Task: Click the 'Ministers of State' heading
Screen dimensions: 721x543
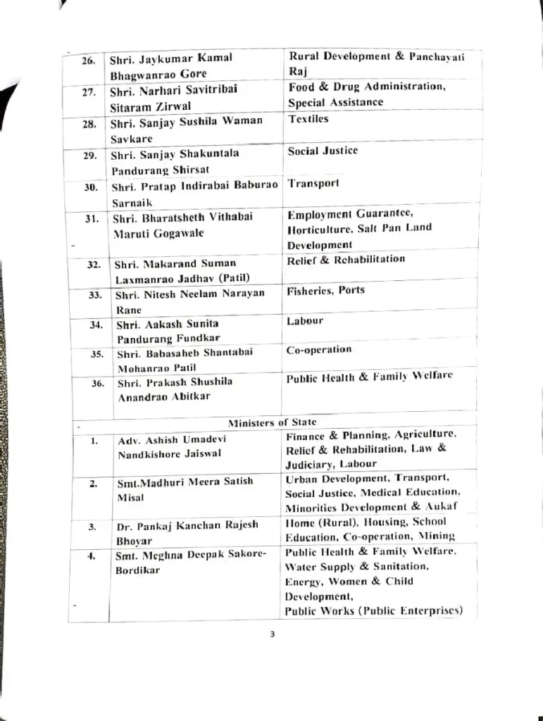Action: (272, 422)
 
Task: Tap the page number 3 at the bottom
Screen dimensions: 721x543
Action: (272, 634)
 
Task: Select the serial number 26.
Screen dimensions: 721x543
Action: (88, 61)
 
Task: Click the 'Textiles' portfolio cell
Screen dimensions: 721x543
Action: (308, 119)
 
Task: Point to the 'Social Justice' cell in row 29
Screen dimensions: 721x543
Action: (323, 151)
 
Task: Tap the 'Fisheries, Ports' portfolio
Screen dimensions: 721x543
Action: (325, 290)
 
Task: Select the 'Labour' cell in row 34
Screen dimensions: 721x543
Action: (305, 321)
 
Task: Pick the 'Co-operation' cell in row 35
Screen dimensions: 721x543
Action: (318, 350)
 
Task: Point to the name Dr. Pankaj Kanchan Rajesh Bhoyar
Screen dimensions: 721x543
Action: (187, 532)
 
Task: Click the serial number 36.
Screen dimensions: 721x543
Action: (98, 384)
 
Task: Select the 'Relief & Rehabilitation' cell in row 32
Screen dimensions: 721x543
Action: (346, 259)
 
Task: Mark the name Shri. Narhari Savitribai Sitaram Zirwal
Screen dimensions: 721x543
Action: (173, 98)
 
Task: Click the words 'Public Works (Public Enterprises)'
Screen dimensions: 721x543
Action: (373, 610)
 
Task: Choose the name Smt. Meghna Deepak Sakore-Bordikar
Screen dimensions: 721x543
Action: (191, 562)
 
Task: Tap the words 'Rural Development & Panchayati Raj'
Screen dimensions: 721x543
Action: (376, 63)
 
